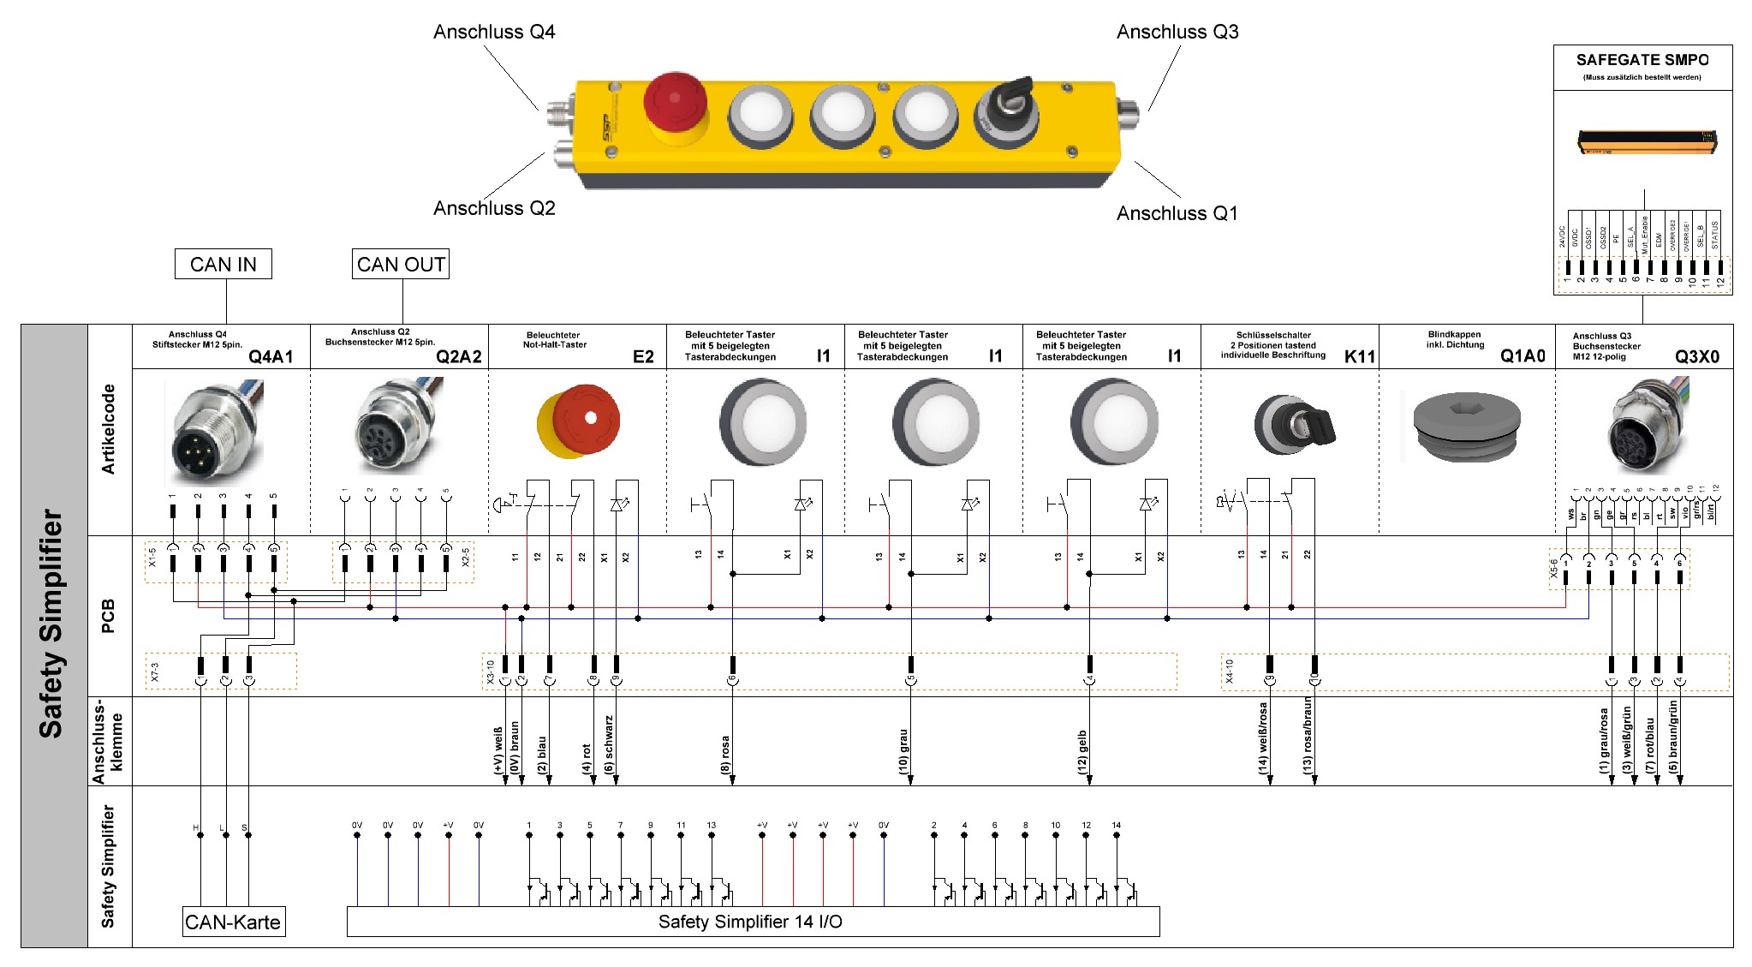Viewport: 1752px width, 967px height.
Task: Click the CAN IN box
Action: coord(223,265)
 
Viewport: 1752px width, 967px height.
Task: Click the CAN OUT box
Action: coord(401,265)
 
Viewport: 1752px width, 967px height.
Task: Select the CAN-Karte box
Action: coord(233,922)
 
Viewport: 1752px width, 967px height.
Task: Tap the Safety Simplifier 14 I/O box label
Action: coord(750,922)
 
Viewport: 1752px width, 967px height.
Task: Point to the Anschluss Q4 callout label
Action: coord(494,33)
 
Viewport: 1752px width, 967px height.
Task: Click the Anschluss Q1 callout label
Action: coord(1177,213)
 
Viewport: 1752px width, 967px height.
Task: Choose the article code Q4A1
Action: coord(271,357)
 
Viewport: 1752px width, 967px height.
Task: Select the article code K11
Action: coord(1359,357)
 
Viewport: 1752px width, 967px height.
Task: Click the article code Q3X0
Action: coord(1696,357)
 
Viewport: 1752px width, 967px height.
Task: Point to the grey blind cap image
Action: coord(1466,426)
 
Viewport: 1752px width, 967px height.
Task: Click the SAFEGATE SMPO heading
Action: coord(1642,60)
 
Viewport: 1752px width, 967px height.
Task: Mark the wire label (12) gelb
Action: coord(1082,752)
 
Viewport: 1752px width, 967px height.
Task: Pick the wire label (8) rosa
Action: coord(725,755)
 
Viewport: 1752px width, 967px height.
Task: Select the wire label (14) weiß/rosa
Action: coord(1263,738)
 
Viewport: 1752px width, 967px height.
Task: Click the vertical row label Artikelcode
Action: coord(109,429)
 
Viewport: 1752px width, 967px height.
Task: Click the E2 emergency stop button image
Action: coord(579,421)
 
